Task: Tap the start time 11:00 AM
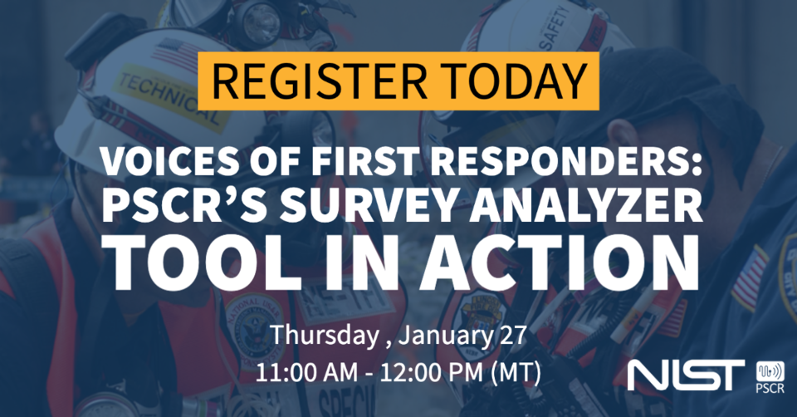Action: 310,371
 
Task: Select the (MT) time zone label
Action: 514,371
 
